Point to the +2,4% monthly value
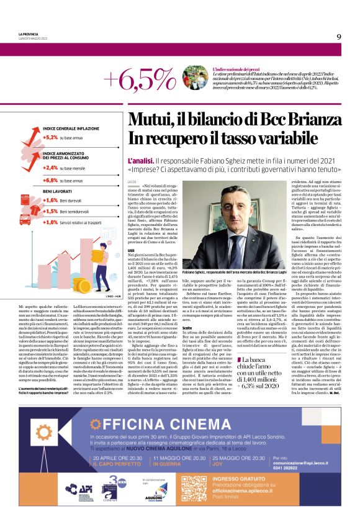coord(50,168)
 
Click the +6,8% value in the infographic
coord(50,180)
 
